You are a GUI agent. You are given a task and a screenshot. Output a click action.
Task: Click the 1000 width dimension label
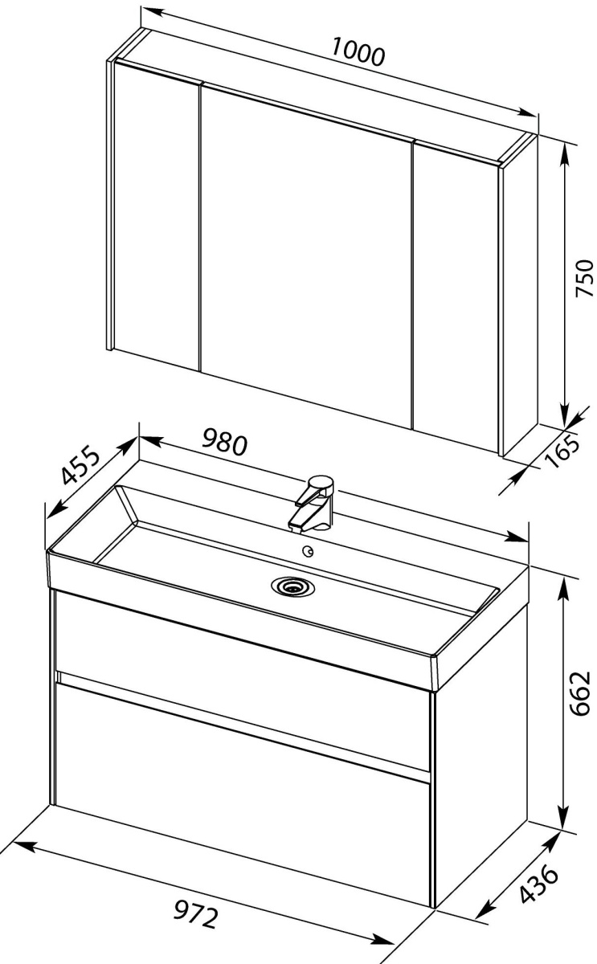click(x=358, y=52)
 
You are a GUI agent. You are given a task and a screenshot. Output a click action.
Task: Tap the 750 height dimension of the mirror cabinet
click(x=584, y=278)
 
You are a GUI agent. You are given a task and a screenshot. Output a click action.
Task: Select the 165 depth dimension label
click(x=563, y=451)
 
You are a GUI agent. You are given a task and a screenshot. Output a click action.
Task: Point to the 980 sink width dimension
click(x=225, y=442)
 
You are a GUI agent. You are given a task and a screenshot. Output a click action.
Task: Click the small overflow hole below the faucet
click(x=309, y=551)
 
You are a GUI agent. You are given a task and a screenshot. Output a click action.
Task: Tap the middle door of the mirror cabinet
click(x=306, y=254)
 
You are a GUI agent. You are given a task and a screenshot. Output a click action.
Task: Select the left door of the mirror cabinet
click(x=157, y=215)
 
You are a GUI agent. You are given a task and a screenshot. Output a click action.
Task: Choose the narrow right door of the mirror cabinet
click(x=456, y=297)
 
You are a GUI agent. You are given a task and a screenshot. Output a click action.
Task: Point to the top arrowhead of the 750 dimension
click(x=567, y=156)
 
